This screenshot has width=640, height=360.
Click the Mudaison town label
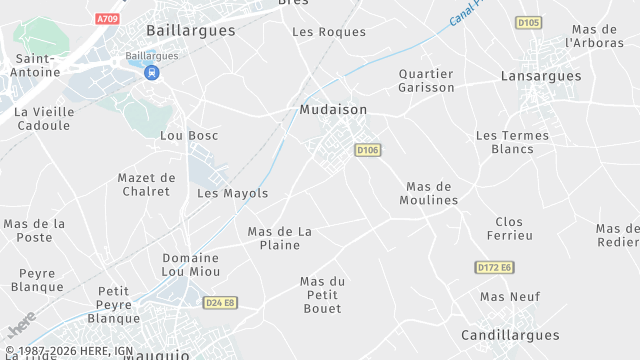[x=333, y=109]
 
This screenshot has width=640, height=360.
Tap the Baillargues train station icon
[x=151, y=73]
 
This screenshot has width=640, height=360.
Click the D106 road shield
[x=368, y=149]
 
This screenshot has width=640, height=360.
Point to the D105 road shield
[x=529, y=22]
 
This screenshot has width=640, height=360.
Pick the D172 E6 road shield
[x=494, y=267]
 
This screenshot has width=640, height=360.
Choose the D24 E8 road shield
[x=219, y=302]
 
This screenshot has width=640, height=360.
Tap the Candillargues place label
[x=508, y=335]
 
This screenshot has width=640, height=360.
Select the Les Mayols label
[x=233, y=193]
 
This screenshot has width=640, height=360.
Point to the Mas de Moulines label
[x=432, y=193]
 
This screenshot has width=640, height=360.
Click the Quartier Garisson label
[x=426, y=81]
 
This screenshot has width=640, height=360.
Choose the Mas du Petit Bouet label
[x=323, y=295]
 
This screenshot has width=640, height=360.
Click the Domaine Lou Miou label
[x=190, y=265]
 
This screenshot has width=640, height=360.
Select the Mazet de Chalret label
[x=146, y=184]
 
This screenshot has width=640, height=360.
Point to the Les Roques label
[x=329, y=32]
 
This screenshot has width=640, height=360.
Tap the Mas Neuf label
[x=510, y=297]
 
